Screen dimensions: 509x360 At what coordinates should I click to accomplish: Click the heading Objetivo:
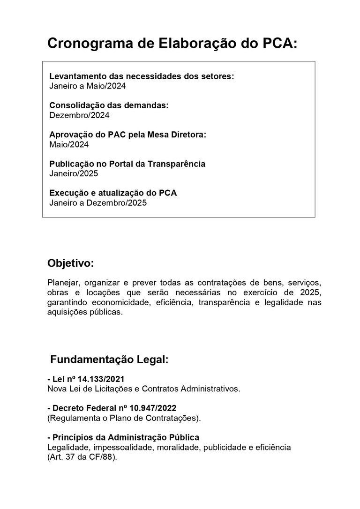point(70,263)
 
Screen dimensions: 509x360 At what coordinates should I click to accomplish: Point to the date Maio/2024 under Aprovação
point(69,144)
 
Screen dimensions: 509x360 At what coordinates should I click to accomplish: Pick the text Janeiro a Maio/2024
point(88,86)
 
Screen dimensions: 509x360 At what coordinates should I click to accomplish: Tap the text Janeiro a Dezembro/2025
point(98,203)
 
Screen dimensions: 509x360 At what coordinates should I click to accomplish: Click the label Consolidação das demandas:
point(109,105)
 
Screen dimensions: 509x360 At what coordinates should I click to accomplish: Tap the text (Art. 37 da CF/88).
point(82,457)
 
